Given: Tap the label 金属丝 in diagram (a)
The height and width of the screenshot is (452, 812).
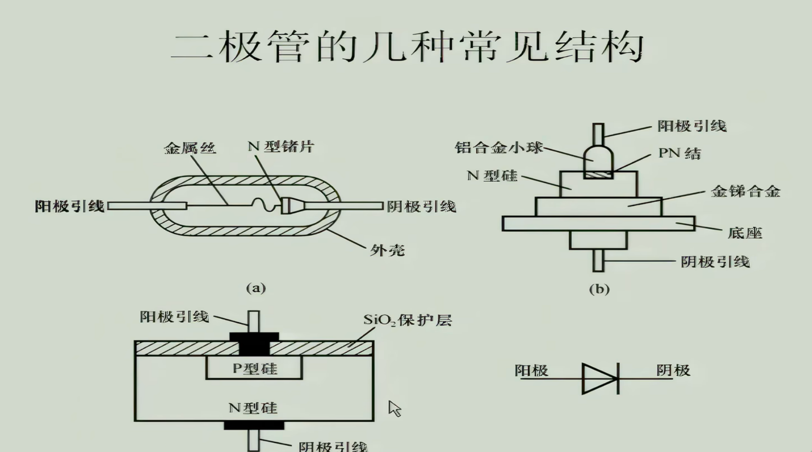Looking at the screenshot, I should (x=190, y=147).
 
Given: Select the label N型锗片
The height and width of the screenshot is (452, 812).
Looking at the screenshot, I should (x=281, y=146).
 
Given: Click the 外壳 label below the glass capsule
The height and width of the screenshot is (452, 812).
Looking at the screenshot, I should (x=387, y=250).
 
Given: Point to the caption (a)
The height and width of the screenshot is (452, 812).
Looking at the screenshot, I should (x=256, y=288).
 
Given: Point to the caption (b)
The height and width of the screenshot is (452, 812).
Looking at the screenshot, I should (x=599, y=289).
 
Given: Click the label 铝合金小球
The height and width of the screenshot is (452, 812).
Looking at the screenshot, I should (x=499, y=147).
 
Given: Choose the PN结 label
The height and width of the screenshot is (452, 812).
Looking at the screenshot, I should (x=679, y=153).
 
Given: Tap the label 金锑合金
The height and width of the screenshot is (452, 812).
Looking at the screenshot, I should (x=745, y=192).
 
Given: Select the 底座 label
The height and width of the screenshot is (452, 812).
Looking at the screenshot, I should (x=744, y=233).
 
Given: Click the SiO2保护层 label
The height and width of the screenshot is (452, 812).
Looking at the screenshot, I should (x=407, y=319).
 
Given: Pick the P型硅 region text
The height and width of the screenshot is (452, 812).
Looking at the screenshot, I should (x=255, y=368).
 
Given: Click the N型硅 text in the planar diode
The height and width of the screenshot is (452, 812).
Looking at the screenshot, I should (x=253, y=408).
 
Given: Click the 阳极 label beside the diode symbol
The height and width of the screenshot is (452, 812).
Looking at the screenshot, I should (x=531, y=370).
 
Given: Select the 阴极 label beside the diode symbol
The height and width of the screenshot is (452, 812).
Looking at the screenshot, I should (x=673, y=370).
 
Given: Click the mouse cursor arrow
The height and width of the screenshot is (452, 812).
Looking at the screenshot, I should (x=394, y=408).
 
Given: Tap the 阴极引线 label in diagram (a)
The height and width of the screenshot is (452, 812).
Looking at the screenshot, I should (x=422, y=206).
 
